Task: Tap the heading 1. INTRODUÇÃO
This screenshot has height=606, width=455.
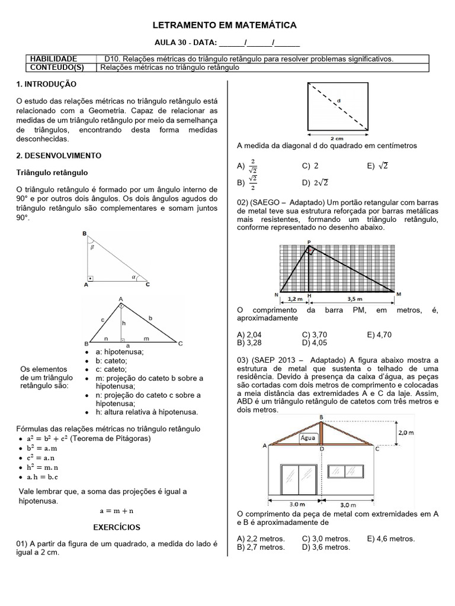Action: pyautogui.click(x=46, y=86)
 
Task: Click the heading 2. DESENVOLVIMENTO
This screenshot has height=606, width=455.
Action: pyautogui.click(x=59, y=156)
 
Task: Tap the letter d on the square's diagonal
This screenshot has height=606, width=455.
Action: pyautogui.click(x=339, y=101)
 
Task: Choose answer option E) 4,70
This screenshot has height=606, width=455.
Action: pyautogui.click(x=379, y=334)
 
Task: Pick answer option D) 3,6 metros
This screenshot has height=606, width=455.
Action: pyautogui.click(x=325, y=547)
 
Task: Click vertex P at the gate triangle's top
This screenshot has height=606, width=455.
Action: pyautogui.click(x=309, y=241)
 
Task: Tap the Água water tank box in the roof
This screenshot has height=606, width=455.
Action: pyautogui.click(x=308, y=439)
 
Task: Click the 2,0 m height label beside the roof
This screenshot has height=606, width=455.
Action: pyautogui.click(x=406, y=433)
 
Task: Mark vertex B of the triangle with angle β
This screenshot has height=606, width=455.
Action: pyautogui.click(x=85, y=234)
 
